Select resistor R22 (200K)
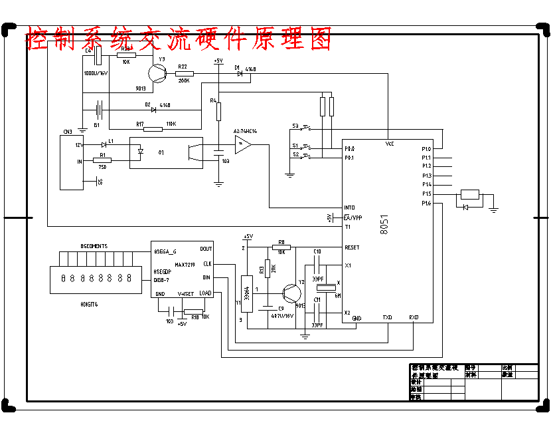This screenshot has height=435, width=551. point(184,74)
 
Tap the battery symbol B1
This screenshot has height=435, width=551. point(99,108)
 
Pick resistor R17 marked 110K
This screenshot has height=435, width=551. point(153,128)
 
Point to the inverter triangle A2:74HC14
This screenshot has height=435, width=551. point(243,144)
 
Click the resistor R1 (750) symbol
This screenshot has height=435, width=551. point(102,160)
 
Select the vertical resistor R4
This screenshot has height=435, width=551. point(218,111)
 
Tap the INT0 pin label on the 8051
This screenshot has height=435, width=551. point(350,208)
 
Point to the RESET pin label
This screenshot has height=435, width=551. point(352,247)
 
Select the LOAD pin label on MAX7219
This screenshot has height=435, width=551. point(205,293)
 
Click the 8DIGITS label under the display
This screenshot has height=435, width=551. point(88,304)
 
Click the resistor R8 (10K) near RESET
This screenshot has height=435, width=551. point(281,247)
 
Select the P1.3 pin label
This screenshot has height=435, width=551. point(426,175)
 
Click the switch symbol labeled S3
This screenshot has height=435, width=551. point(306,126)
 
